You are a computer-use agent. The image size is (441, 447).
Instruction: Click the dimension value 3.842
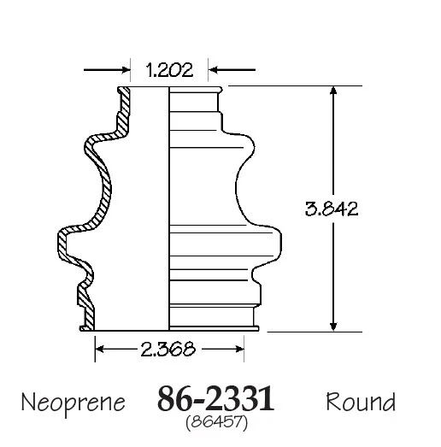(331, 208)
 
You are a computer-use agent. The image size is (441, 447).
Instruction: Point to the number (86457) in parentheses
(215, 421)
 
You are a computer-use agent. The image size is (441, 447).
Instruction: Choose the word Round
(360, 401)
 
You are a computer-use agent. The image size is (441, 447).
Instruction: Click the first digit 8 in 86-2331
(166, 399)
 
